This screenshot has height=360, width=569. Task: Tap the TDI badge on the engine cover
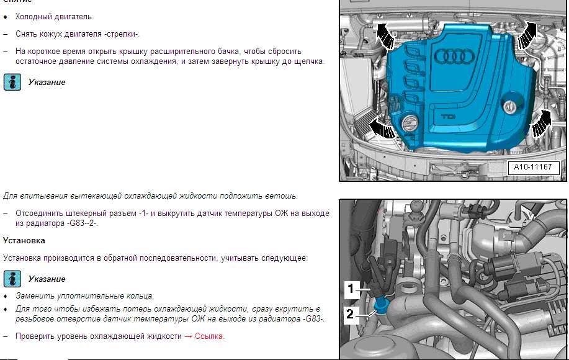[448, 117]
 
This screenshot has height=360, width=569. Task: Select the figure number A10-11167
[533, 167]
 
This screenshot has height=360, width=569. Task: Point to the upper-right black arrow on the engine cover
[527, 35]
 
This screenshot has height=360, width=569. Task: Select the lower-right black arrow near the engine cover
[541, 123]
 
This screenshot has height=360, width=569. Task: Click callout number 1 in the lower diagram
[351, 289]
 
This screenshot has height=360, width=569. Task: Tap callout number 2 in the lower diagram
[350, 314]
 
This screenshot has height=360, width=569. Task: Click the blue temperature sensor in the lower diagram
[380, 305]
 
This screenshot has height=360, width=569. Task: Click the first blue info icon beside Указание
[12, 82]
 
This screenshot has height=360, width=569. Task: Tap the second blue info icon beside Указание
[12, 279]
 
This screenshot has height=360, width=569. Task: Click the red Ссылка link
[209, 336]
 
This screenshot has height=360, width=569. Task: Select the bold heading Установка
[24, 241]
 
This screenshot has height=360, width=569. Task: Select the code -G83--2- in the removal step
[83, 223]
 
